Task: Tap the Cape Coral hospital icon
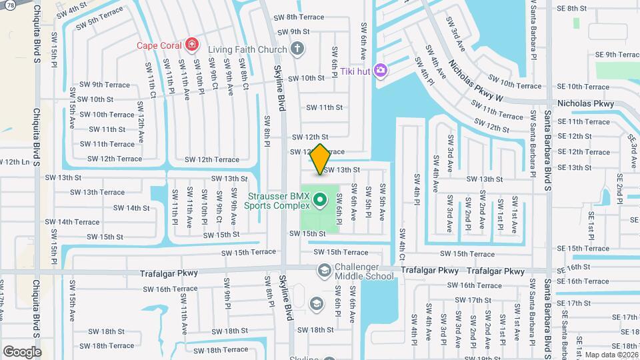[192, 45]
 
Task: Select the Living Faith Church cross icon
[297, 49]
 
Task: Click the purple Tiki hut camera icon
[381, 70]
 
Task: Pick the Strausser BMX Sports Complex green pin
[319, 199]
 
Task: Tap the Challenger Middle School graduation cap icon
[324, 270]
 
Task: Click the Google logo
[22, 351]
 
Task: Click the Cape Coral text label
[160, 45]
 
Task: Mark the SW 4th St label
[71, 11]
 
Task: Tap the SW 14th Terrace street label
[78, 222]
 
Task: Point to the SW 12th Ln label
[15, 162]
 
